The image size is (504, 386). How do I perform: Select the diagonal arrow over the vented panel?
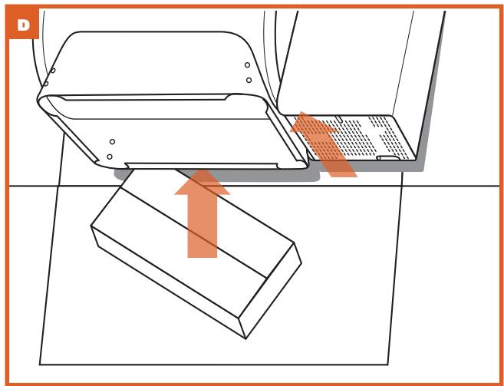coord(326,146)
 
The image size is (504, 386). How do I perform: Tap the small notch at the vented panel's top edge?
coord(338,118)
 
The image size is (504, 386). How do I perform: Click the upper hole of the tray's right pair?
coord(247,65)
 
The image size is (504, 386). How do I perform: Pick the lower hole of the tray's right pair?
coord(248,79)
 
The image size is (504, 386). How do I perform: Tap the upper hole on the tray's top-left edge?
coord(51,71)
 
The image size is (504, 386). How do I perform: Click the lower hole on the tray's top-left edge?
coord(46,84)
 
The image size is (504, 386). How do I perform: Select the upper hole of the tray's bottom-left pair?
coord(113,142)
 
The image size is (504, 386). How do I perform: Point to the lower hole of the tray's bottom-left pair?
coord(110,156)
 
